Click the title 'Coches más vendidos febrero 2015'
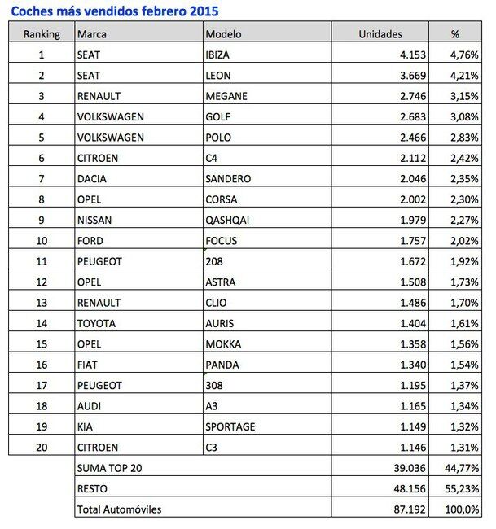coord(114,12)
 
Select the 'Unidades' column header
coord(382,35)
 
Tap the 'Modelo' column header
coord(225,35)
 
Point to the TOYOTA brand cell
coord(95,323)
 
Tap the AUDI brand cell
coord(88,405)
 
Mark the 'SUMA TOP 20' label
coord(109,468)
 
